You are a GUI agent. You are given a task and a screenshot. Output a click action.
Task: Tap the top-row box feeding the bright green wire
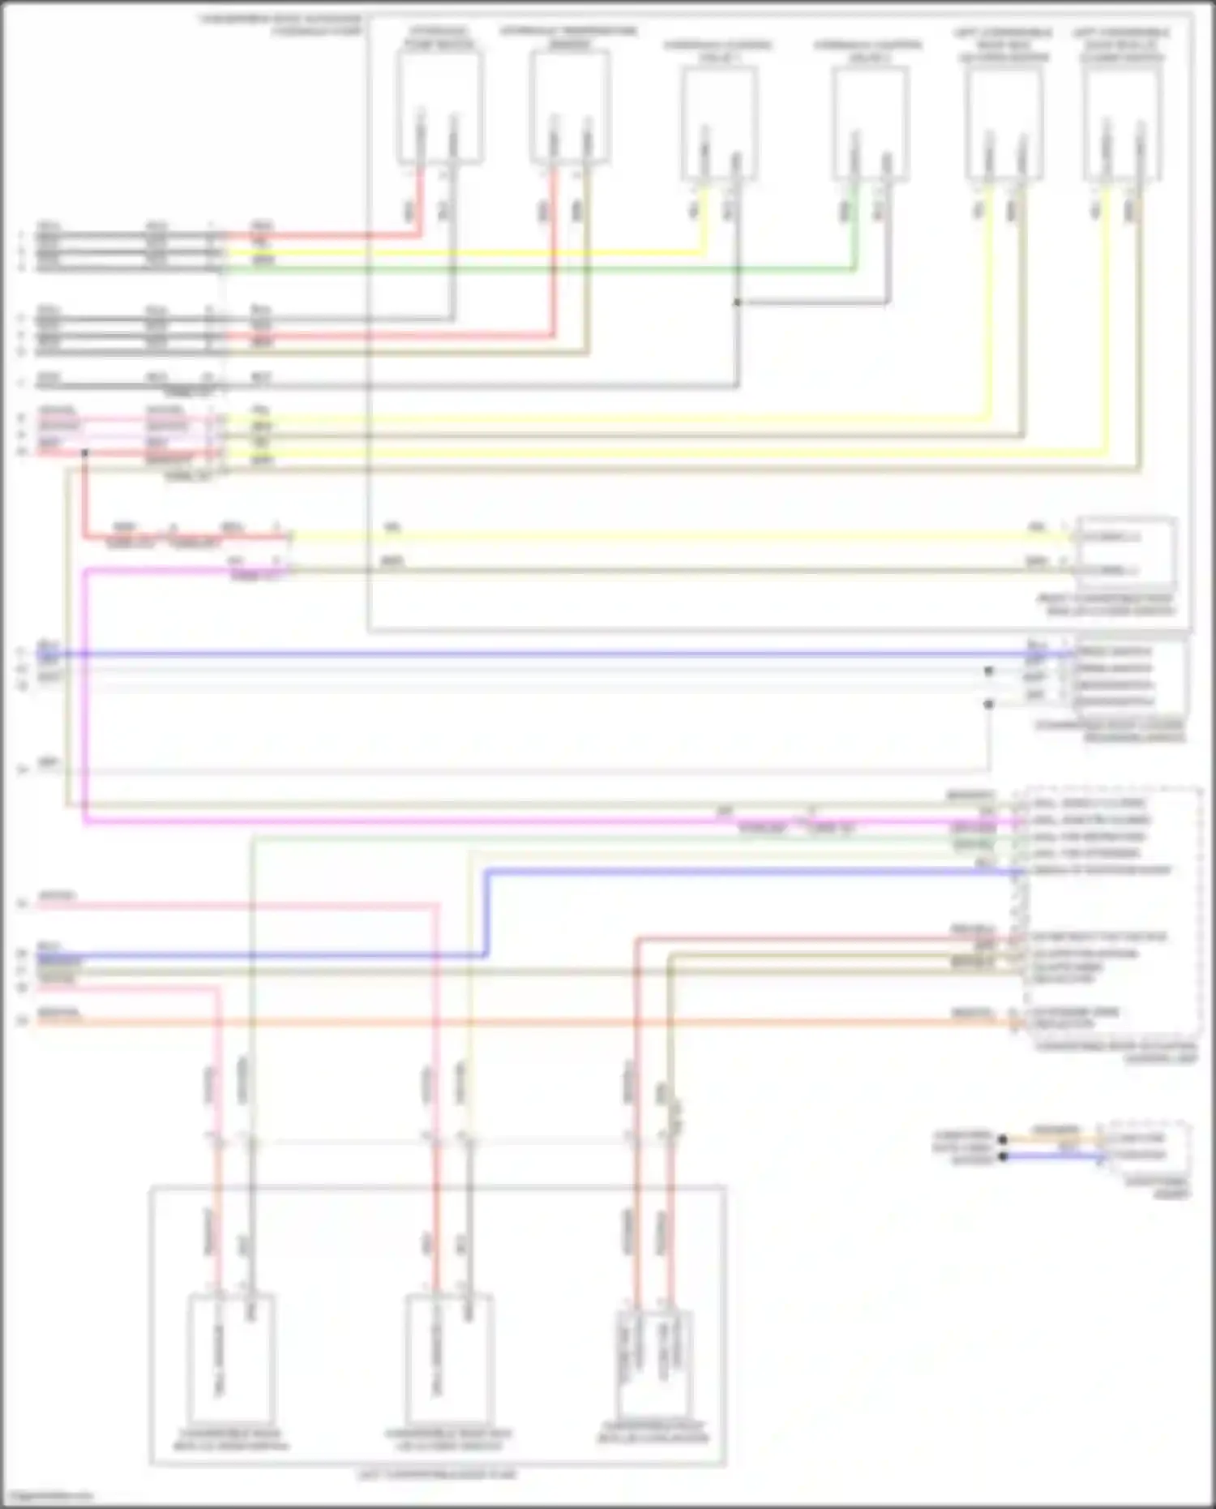pos(870,122)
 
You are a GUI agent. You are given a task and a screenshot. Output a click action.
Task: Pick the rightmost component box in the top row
pos(1123,122)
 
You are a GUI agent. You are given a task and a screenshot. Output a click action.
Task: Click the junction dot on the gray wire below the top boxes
pos(737,303)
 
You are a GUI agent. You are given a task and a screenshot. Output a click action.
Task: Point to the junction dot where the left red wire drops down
pos(84,452)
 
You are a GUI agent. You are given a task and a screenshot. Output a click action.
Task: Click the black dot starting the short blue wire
pos(1003,1156)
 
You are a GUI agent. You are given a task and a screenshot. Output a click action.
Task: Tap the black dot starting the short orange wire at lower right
pos(1003,1139)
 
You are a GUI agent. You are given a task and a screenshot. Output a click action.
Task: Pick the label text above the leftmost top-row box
pos(439,38)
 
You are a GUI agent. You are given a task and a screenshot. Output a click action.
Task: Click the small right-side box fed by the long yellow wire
pos(1125,554)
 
